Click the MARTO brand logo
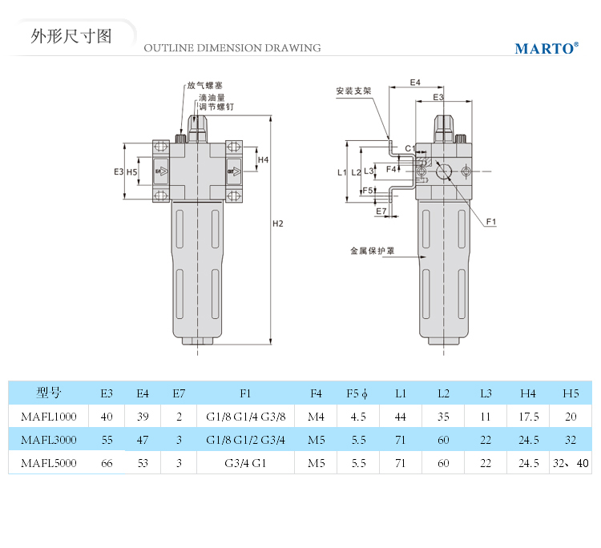[x=545, y=48]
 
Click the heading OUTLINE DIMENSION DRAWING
[x=232, y=48]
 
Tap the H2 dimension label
[x=278, y=224]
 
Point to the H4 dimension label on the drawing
[x=263, y=159]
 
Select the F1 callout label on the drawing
[x=492, y=221]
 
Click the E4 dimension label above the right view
[x=415, y=83]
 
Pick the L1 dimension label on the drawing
[x=341, y=172]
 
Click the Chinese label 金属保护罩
[x=372, y=251]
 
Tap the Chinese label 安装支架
[x=353, y=91]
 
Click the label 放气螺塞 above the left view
[x=204, y=85]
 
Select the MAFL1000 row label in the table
[x=48, y=417]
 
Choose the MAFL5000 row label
[x=48, y=463]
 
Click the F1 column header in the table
[x=245, y=393]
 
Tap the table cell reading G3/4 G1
[x=245, y=463]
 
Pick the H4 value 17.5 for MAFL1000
[x=528, y=417]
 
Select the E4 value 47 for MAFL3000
[x=143, y=440]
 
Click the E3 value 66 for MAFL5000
[x=107, y=463]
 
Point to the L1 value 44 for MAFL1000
[x=401, y=417]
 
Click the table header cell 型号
[x=48, y=393]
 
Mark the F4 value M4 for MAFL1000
[x=316, y=417]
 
